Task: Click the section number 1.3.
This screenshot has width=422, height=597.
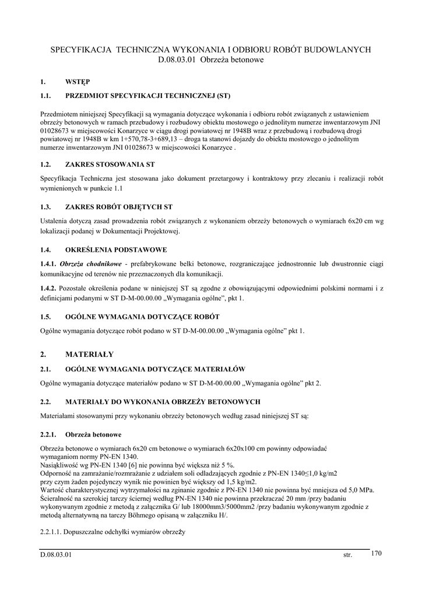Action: pyautogui.click(x=46, y=206)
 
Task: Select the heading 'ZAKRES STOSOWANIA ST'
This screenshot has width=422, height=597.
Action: pyautogui.click(x=110, y=164)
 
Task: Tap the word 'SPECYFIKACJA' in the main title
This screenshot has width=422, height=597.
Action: pyautogui.click(x=81, y=50)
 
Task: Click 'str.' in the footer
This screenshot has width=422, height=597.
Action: pyautogui.click(x=348, y=555)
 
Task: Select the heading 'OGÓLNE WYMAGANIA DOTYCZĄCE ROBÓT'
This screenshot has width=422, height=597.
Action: pyautogui.click(x=142, y=317)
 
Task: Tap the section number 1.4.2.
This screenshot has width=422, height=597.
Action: pyautogui.click(x=48, y=288)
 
